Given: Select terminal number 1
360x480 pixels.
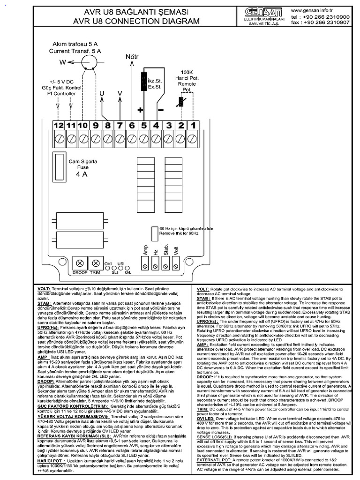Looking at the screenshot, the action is coord(192,125).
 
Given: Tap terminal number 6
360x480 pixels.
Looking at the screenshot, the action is coord(132,125).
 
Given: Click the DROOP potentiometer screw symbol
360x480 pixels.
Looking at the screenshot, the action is coord(80,263).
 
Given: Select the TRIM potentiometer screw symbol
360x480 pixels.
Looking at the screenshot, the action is coord(96,263).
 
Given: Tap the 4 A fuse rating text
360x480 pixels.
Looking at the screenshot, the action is coord(82,175).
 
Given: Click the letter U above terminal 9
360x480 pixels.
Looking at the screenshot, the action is coord(102,93).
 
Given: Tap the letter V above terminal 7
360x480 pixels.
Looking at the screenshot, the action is coord(120,93).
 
